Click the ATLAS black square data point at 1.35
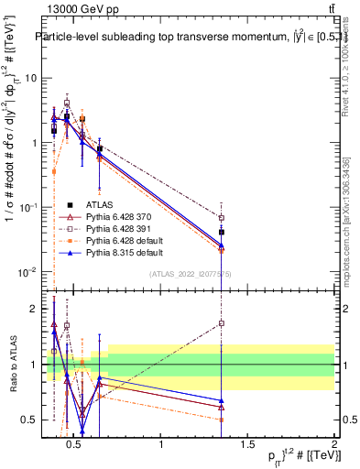222,233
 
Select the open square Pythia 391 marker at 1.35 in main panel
222,218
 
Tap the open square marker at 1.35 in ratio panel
222,323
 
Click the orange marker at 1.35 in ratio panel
222,420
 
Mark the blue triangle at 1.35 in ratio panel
222,400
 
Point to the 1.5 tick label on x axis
247,445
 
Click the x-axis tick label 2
333,445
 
